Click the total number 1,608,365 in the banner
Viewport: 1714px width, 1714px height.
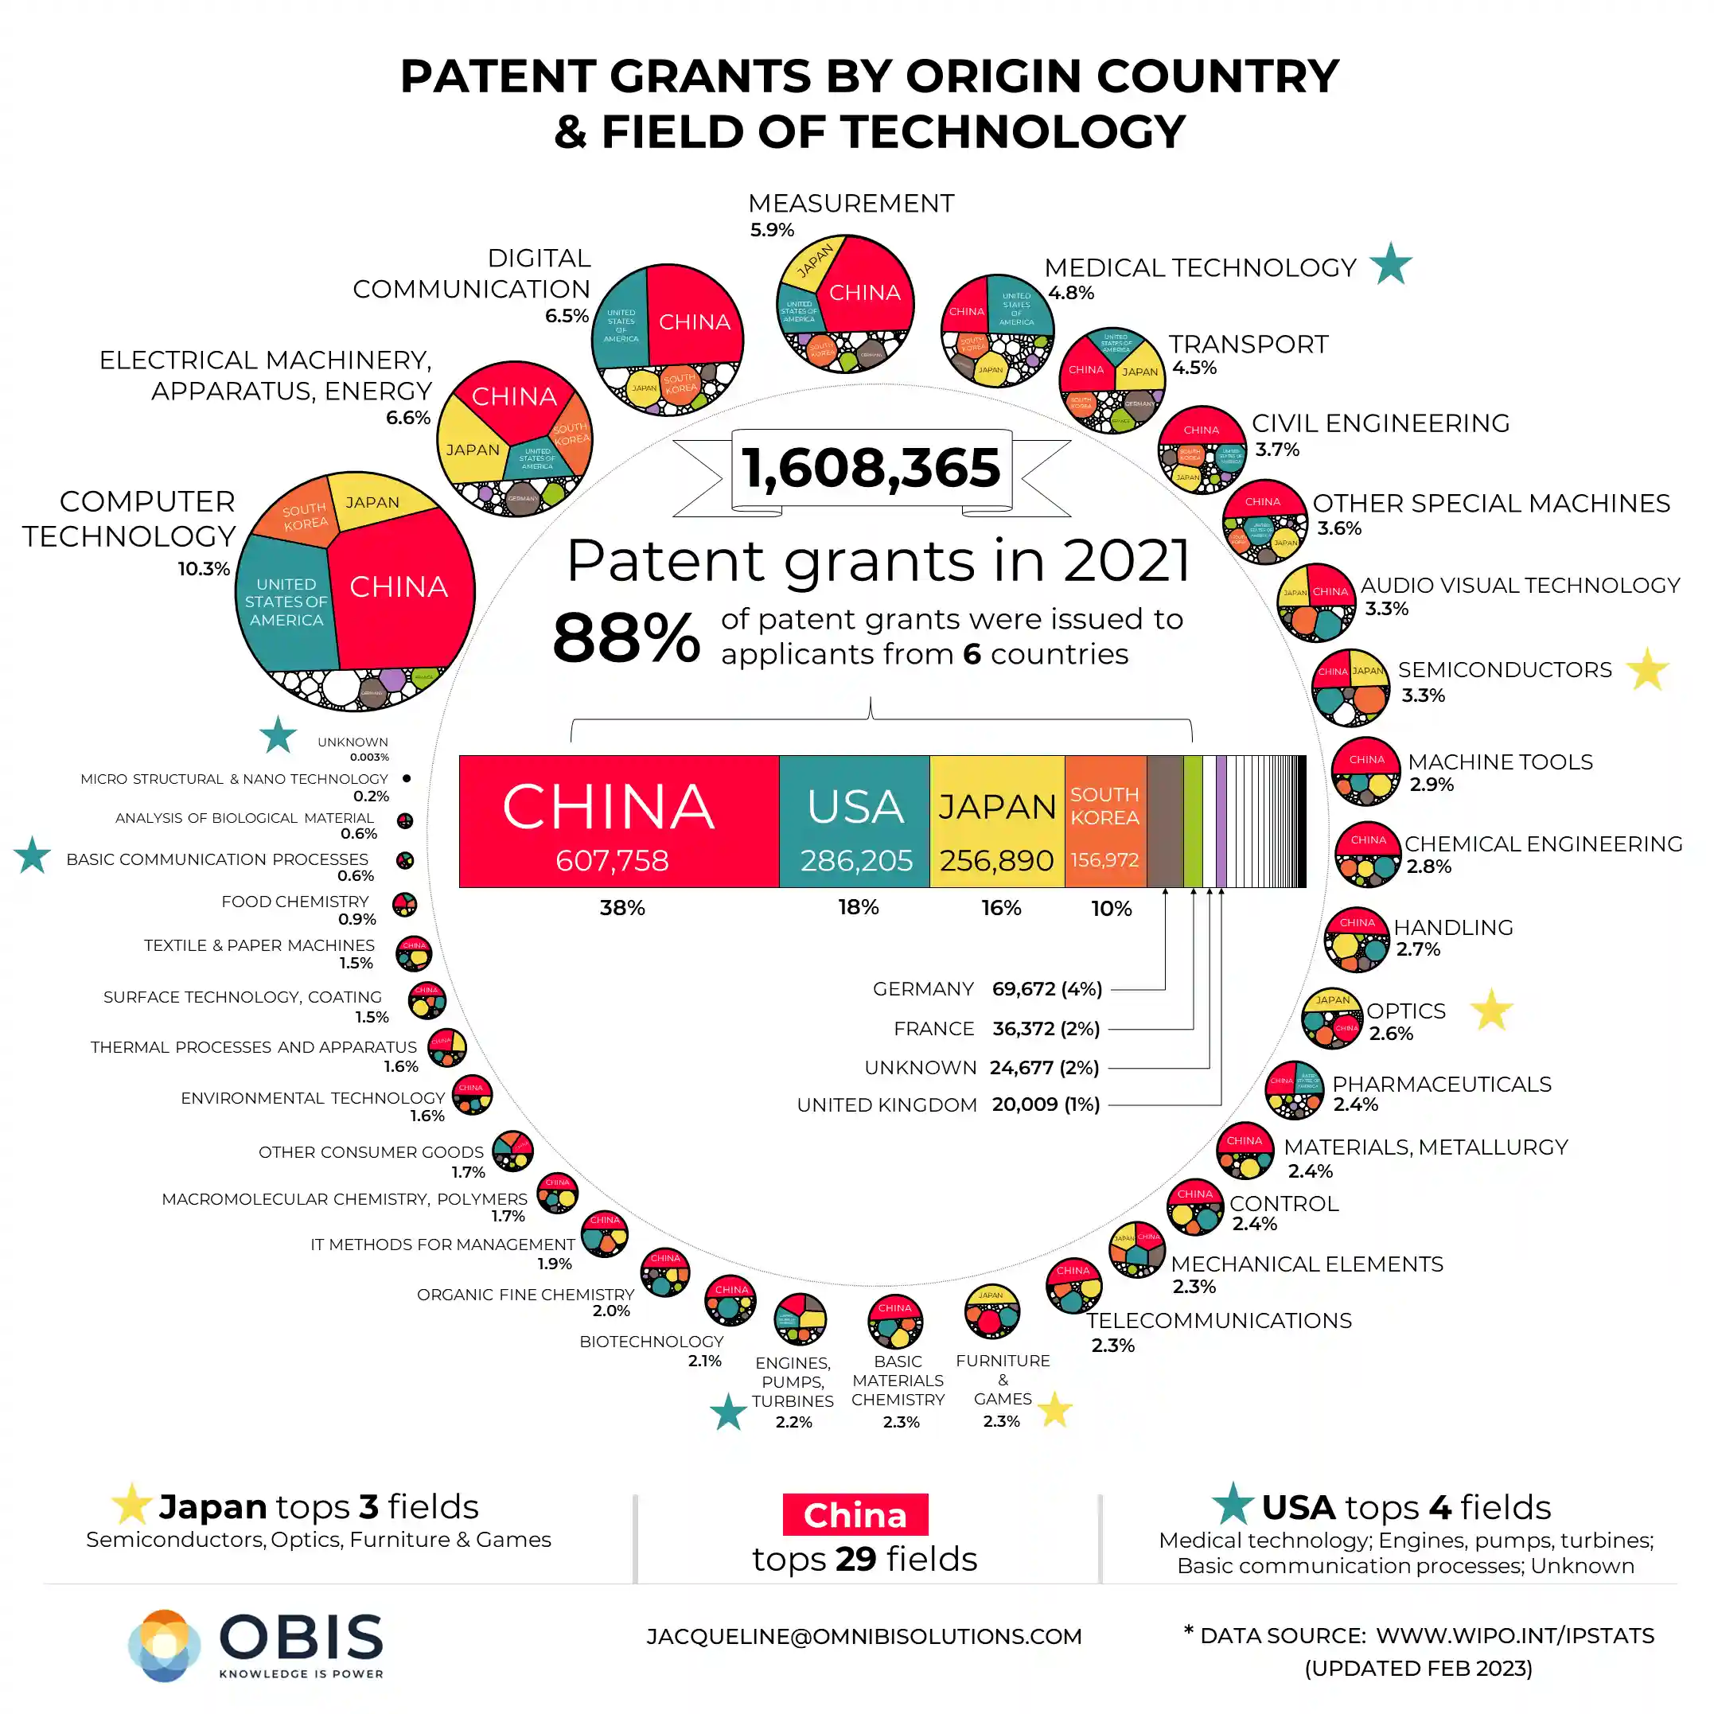[871, 469]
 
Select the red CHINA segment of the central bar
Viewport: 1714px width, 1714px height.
[618, 820]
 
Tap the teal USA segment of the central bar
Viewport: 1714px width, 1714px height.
[855, 820]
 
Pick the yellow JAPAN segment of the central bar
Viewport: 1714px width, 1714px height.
[997, 820]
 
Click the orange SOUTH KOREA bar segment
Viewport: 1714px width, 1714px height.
[1104, 820]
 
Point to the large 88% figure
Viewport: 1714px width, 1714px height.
[625, 638]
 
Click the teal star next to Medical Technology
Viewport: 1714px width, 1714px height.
[1390, 264]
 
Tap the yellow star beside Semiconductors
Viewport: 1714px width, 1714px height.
[1647, 670]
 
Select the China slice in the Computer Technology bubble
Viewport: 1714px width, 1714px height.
[399, 587]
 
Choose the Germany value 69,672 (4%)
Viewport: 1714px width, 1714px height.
[1047, 988]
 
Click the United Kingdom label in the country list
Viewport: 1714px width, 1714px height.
[886, 1104]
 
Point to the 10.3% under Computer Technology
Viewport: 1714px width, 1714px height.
[203, 569]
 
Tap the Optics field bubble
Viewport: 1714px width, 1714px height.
[1331, 1018]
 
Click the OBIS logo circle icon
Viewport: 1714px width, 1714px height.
[164, 1646]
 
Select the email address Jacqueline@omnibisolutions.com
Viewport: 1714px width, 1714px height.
[864, 1636]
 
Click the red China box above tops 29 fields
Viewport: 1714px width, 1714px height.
[855, 1514]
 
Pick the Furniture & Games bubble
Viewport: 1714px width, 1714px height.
[991, 1312]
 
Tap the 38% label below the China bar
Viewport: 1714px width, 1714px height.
[622, 908]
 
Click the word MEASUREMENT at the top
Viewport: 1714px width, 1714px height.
[851, 203]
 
